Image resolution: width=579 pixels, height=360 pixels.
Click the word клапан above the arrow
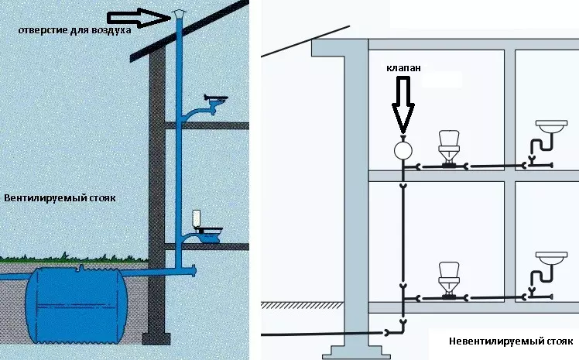pyautogui.click(x=403, y=68)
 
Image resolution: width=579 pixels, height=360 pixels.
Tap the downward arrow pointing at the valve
pyautogui.click(x=403, y=105)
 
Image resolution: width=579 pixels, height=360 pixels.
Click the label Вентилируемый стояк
pyautogui.click(x=60, y=198)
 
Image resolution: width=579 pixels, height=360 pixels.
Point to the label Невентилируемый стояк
pyautogui.click(x=511, y=341)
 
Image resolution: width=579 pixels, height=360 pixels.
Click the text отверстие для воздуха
pyautogui.click(x=74, y=30)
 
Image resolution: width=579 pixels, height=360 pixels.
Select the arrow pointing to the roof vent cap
pyautogui.click(x=139, y=18)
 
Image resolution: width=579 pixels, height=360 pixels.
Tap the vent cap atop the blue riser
pyautogui.click(x=179, y=14)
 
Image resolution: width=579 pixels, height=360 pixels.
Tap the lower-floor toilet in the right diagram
pyautogui.click(x=449, y=279)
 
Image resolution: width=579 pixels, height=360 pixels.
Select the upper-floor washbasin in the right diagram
pyautogui.click(x=551, y=126)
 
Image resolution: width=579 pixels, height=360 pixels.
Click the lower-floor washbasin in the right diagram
pyautogui.click(x=551, y=258)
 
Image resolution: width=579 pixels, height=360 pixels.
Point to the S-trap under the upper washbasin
pyautogui.click(x=543, y=145)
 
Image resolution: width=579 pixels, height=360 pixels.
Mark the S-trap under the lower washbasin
pyautogui.click(x=543, y=276)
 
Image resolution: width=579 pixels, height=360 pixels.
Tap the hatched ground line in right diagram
pyautogui.click(x=303, y=305)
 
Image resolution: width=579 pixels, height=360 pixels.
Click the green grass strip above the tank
pyautogui.click(x=74, y=258)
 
